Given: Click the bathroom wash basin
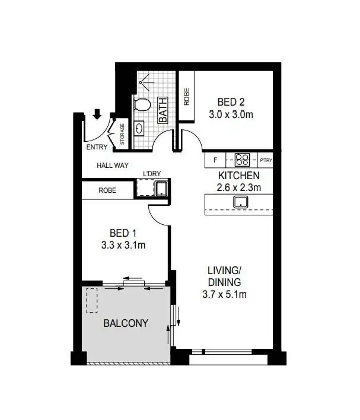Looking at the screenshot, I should [140, 128].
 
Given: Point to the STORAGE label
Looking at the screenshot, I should [123, 134].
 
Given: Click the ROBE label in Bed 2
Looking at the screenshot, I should [186, 97].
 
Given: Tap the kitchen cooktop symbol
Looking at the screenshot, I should [242, 160].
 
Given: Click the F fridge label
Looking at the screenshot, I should [215, 160].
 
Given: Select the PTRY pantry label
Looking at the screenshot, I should [265, 160].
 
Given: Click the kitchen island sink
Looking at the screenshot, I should [241, 203].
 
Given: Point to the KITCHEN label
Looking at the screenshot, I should [239, 176].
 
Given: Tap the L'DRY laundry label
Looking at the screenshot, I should [152, 173].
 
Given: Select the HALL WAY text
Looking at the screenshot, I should [113, 166].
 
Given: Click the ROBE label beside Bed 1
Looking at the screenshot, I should [107, 190].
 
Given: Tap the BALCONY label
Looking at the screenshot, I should [125, 323].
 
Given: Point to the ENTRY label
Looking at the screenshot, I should [96, 147].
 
